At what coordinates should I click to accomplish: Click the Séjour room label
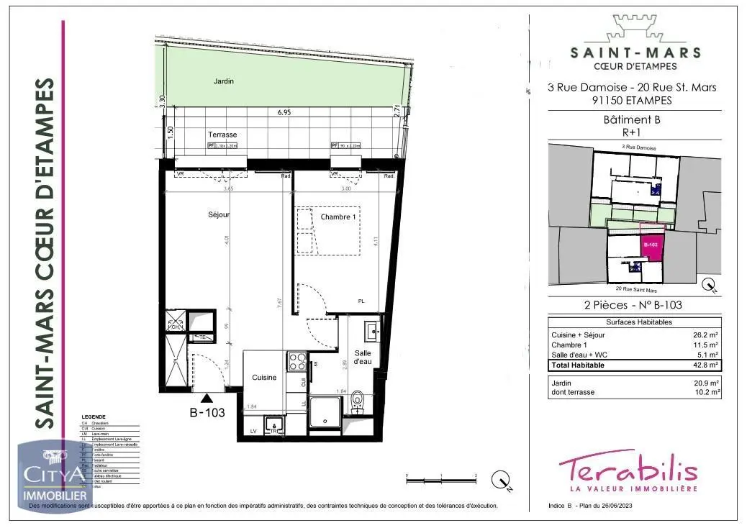[219, 215]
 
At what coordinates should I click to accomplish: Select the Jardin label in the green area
[224, 81]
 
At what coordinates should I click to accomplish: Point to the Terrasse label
[222, 135]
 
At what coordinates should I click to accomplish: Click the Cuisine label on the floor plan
[263, 378]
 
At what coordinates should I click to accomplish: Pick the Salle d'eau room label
[362, 357]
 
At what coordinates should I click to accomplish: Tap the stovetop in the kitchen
[296, 361]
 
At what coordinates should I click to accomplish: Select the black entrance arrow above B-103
[207, 396]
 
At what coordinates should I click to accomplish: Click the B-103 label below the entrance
[207, 413]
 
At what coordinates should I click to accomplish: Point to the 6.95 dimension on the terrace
[284, 113]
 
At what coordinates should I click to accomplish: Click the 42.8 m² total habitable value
[706, 365]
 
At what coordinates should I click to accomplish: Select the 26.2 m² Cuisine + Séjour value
[706, 335]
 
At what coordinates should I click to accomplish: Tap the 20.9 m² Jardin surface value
[706, 383]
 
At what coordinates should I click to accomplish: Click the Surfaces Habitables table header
[634, 322]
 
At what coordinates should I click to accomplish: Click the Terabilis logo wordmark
[628, 470]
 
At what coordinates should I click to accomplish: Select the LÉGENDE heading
[94, 417]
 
